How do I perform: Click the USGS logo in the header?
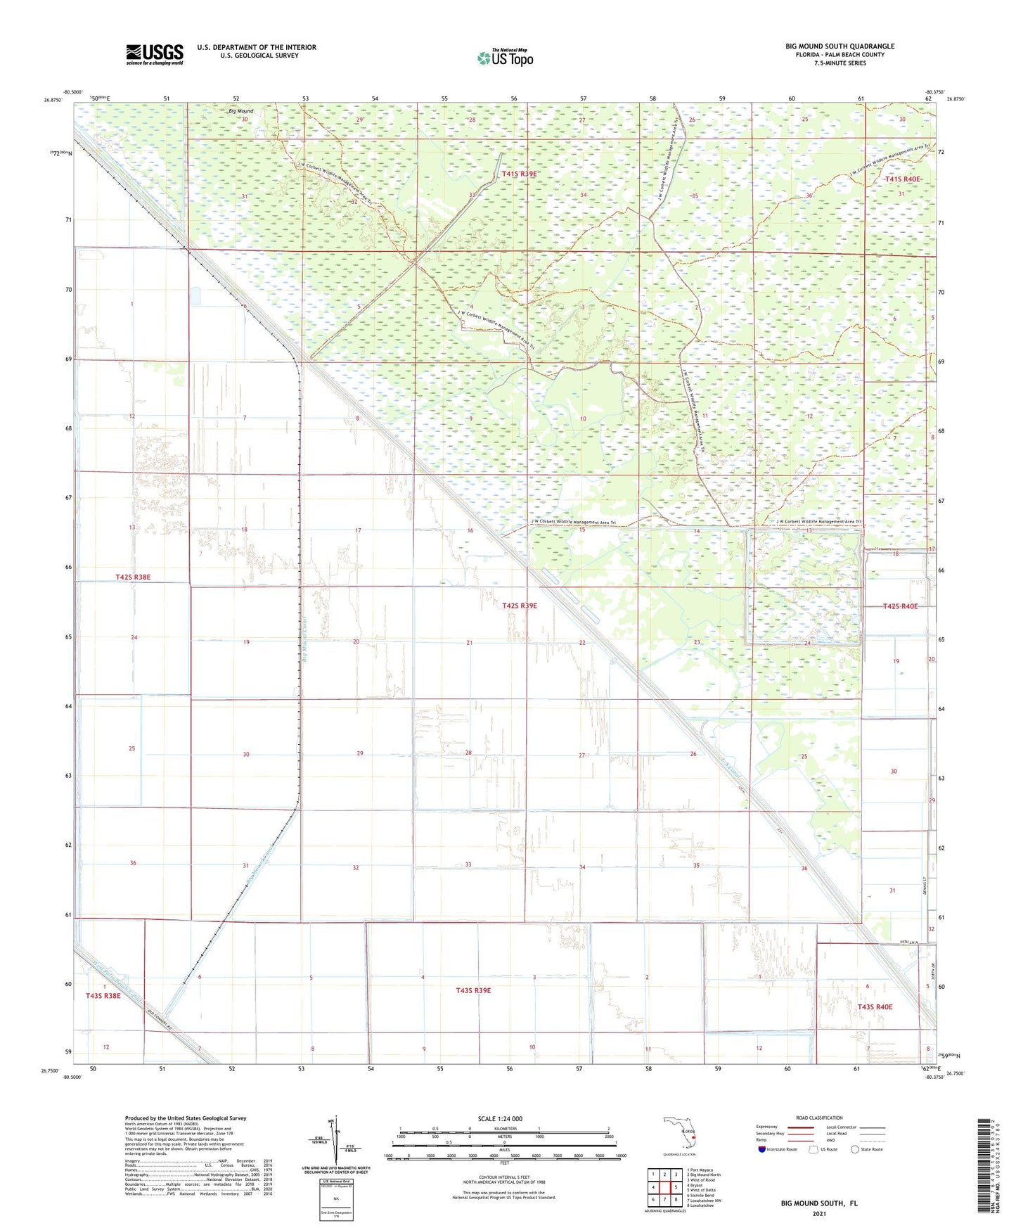155,54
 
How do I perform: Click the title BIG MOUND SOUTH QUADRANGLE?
840,46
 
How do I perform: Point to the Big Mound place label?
240,111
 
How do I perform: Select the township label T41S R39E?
519,174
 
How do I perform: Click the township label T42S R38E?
133,577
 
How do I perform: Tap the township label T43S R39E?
473,990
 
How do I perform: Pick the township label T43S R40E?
875,1007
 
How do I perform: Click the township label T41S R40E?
902,179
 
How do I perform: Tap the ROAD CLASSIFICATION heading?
819,1118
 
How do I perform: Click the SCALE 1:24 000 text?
500,1118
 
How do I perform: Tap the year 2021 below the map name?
818,1213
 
